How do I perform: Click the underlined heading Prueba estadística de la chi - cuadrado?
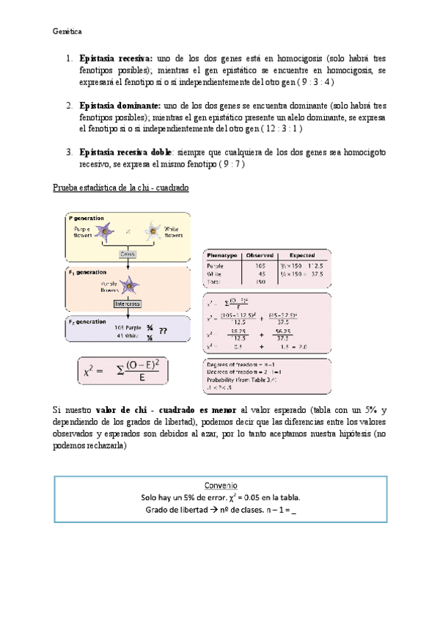click(121, 188)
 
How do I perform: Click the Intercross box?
click(130, 302)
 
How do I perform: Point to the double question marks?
click(163, 332)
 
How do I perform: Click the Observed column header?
click(260, 255)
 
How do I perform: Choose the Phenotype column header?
click(222, 255)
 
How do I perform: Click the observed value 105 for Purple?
click(260, 265)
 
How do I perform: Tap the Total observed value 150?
click(260, 281)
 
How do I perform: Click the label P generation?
click(86, 218)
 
